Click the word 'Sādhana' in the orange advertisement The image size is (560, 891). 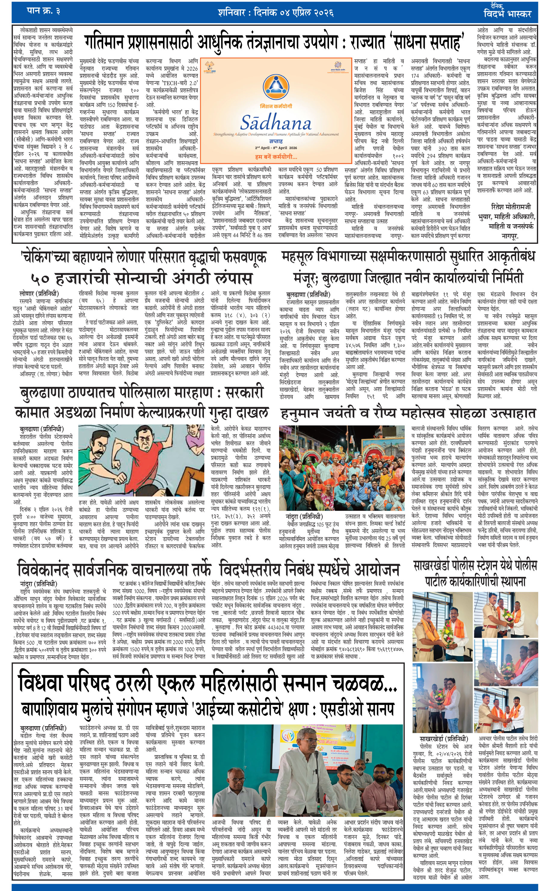[276, 122]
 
